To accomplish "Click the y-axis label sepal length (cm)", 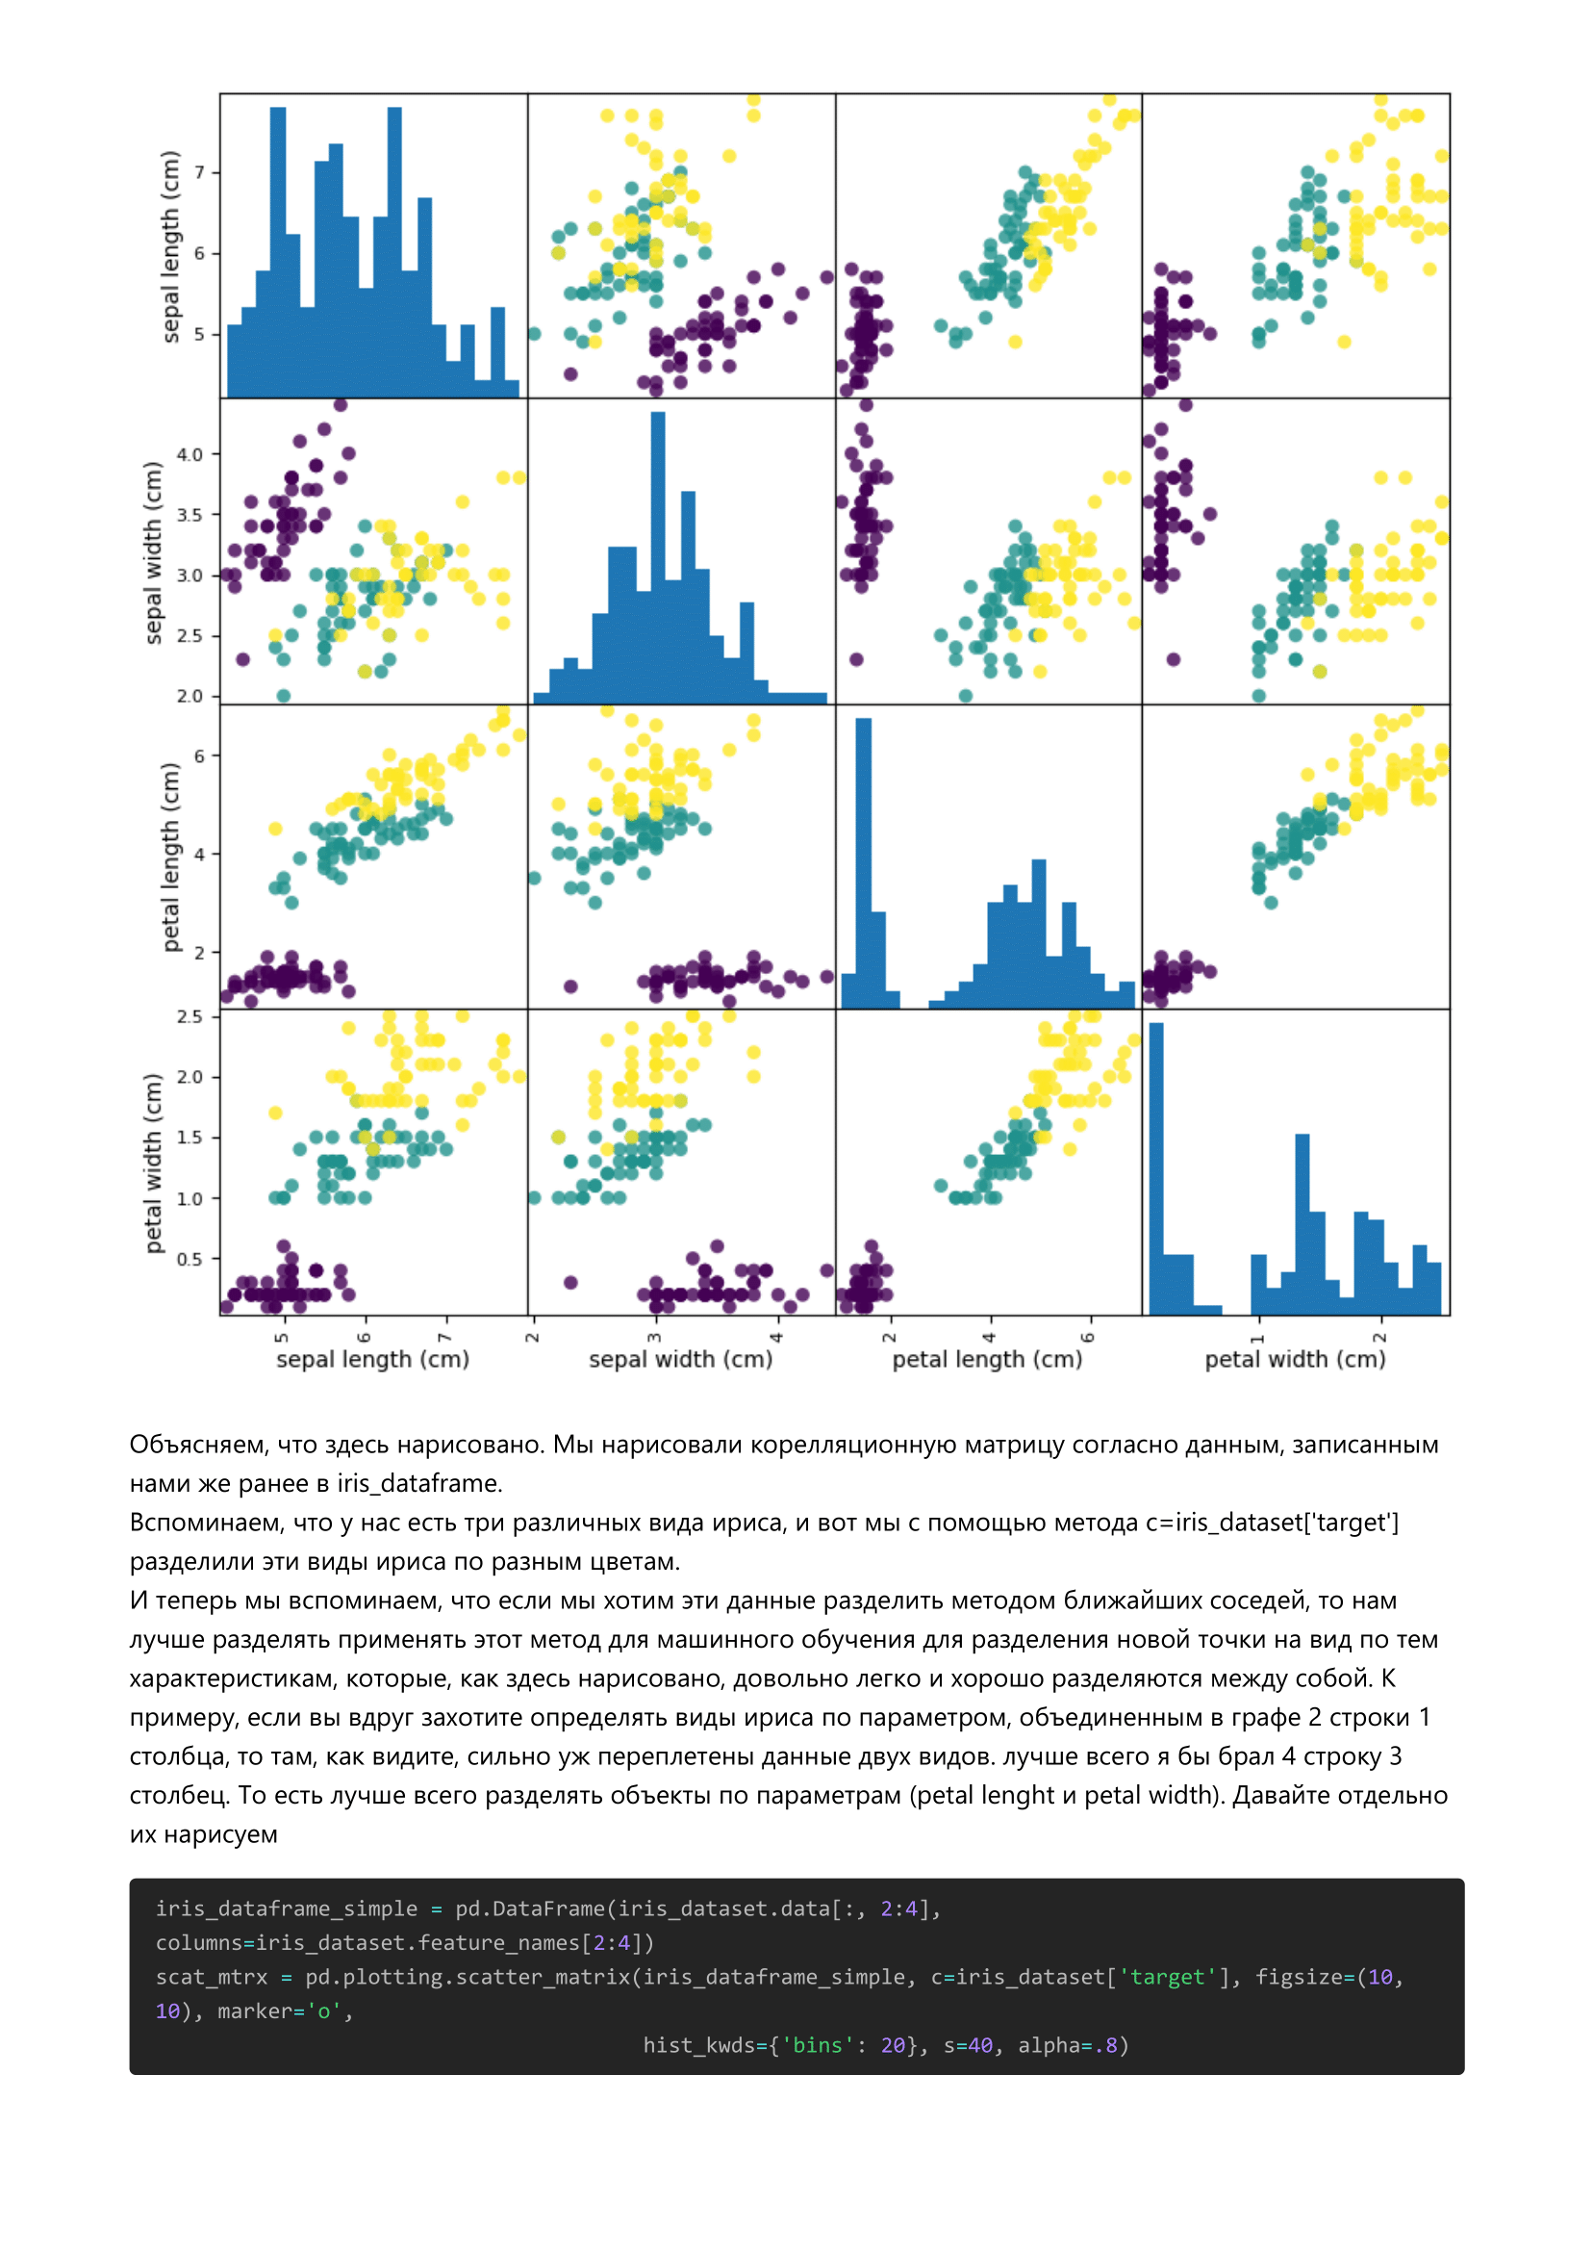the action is click(171, 246).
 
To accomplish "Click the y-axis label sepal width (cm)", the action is click(153, 552).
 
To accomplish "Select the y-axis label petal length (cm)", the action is click(171, 857).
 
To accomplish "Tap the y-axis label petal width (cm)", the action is click(153, 1164).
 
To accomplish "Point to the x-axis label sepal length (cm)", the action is click(373, 1360).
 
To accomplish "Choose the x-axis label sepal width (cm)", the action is click(680, 1360).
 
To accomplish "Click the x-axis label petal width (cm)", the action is click(1295, 1360).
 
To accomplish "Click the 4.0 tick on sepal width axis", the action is click(190, 454).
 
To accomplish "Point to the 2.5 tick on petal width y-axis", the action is click(190, 1016).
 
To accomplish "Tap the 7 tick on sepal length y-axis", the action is click(199, 173).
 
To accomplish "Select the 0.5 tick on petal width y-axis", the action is click(190, 1259).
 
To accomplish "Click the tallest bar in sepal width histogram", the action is click(658, 557).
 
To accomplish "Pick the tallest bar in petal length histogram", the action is click(864, 863).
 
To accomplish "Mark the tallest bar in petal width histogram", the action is click(1156, 1169).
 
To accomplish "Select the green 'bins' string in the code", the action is click(818, 2045).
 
